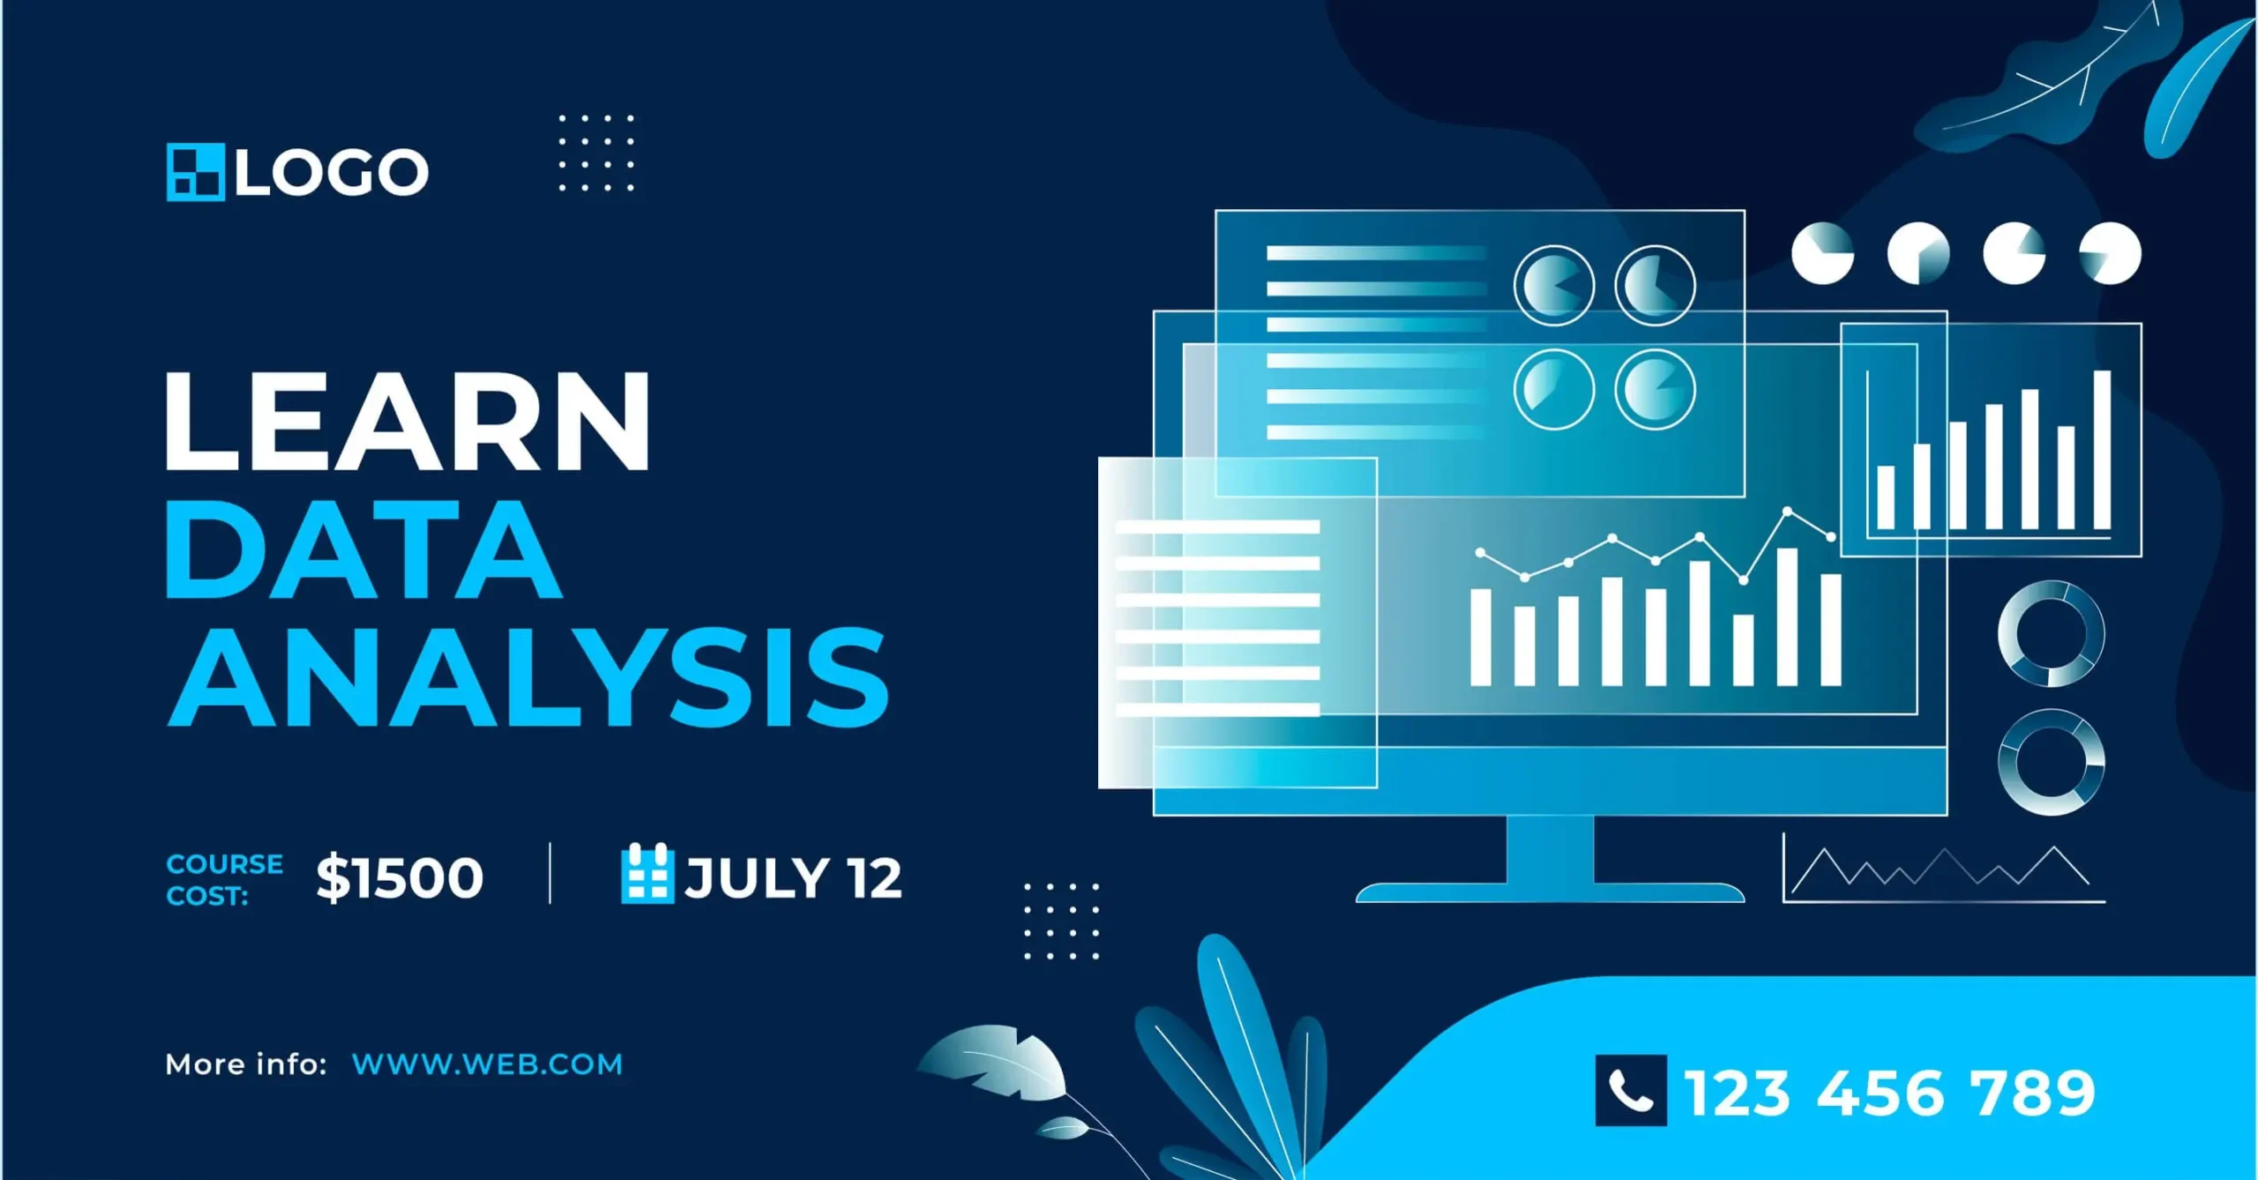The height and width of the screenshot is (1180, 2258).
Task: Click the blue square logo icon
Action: point(196,172)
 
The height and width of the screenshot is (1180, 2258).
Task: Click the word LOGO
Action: point(332,172)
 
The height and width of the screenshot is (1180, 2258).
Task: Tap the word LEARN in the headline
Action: point(407,421)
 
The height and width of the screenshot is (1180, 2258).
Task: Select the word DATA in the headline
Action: point(363,549)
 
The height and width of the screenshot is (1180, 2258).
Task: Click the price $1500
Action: point(400,878)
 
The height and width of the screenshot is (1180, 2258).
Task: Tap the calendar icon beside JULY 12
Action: point(647,873)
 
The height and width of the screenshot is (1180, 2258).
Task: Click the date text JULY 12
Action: point(794,878)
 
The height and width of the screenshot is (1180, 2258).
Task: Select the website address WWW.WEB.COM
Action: point(487,1064)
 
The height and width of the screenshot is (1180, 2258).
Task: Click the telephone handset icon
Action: point(1631,1091)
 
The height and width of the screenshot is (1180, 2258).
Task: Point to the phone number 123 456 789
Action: point(1889,1093)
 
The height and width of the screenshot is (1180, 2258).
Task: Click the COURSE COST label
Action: point(225,879)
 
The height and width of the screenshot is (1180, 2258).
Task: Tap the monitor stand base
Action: point(1550,892)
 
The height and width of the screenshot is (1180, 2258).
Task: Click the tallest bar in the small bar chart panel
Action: point(2102,450)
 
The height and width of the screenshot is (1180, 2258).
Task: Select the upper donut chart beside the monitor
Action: point(2051,633)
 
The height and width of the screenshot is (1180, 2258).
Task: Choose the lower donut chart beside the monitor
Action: point(2051,762)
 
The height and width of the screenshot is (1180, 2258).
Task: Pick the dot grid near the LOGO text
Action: point(596,153)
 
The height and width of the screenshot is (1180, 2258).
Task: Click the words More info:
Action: point(246,1064)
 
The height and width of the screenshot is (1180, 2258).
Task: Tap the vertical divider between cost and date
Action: point(550,873)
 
